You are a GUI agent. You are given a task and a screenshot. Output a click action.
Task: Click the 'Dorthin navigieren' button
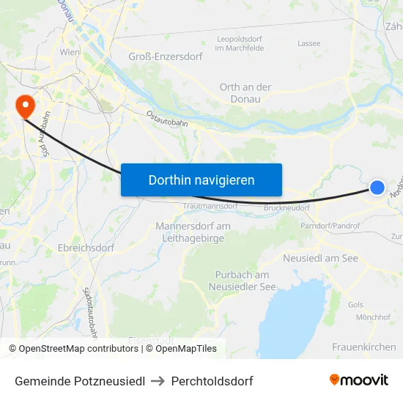(x=202, y=180)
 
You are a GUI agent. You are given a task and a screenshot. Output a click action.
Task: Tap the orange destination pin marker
(x=24, y=107)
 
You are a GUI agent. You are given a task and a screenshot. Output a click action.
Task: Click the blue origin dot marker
(x=377, y=188)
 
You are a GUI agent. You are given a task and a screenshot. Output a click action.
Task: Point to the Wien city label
(x=70, y=53)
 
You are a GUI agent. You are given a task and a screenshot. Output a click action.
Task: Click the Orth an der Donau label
(x=245, y=92)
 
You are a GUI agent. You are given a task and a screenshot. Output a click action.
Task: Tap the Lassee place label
(x=309, y=43)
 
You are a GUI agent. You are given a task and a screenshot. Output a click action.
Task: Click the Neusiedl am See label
(x=320, y=259)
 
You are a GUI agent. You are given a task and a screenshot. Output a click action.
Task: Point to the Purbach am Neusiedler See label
(x=245, y=281)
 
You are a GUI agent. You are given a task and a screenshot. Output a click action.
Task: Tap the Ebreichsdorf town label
(x=86, y=248)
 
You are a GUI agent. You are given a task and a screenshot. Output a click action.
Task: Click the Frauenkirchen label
(x=363, y=347)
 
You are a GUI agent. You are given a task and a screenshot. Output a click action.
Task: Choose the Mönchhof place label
(x=372, y=317)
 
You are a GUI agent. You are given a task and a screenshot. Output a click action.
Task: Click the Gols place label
(x=356, y=303)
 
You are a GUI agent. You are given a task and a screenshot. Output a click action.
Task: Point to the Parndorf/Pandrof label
(x=329, y=226)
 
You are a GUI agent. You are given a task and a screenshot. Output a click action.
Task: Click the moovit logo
(x=358, y=380)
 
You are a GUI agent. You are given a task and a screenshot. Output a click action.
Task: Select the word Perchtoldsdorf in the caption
(x=212, y=381)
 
